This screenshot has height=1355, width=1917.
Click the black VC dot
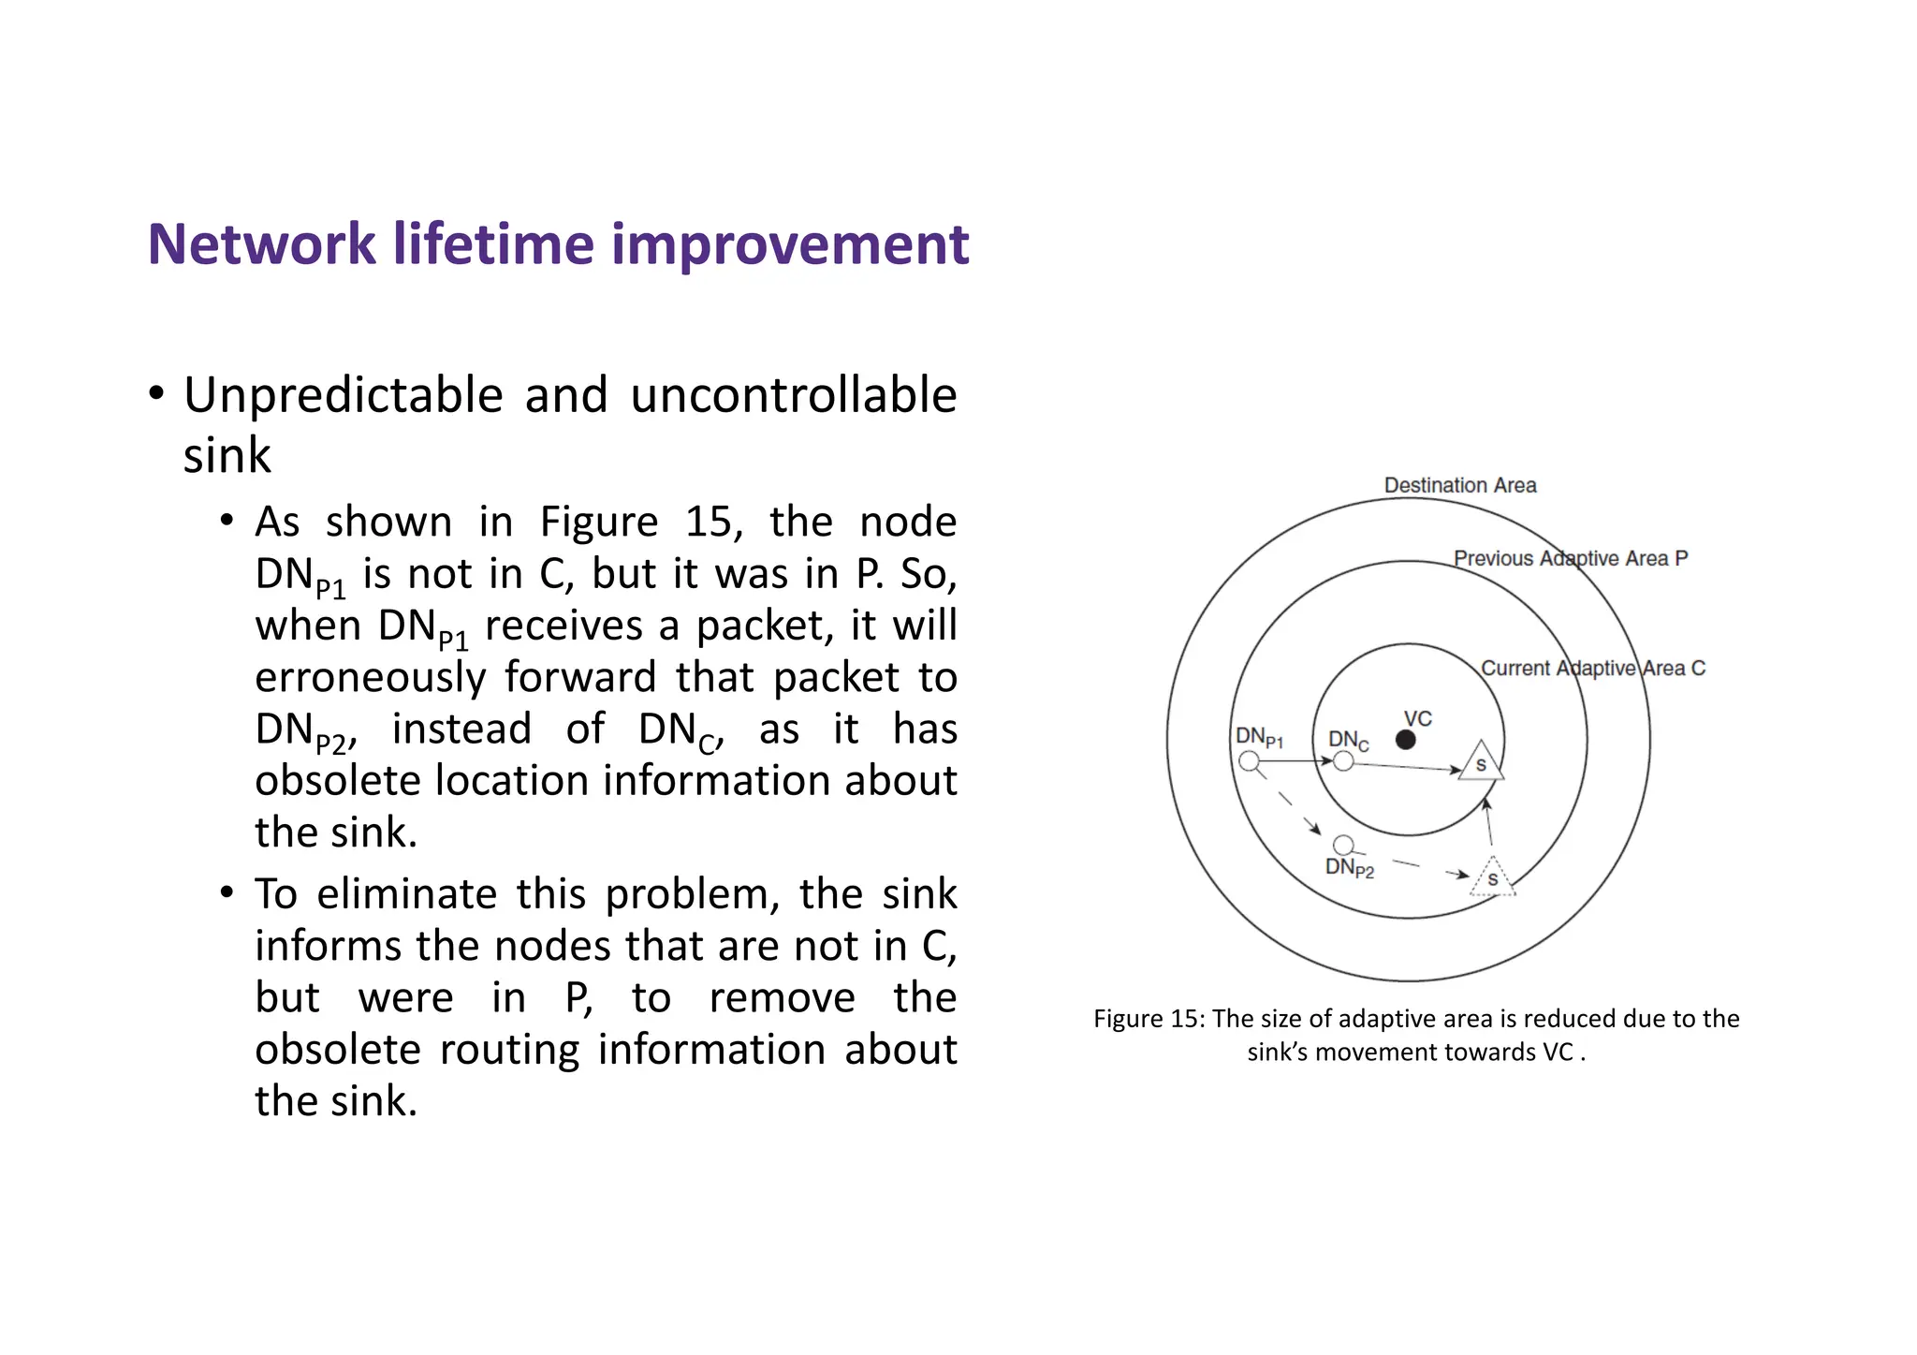tap(1405, 740)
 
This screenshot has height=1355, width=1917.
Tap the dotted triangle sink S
tap(1493, 879)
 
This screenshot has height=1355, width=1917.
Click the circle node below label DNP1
tap(1249, 761)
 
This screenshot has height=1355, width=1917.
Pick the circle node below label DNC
tap(1343, 761)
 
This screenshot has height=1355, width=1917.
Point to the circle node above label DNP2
tap(1343, 846)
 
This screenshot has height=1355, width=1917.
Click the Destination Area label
tap(1460, 485)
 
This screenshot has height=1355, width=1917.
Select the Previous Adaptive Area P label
tap(1570, 558)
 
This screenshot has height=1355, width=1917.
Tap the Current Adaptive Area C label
tap(1592, 668)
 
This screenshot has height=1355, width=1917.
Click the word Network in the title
tap(261, 244)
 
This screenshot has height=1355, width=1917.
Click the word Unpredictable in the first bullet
tap(343, 395)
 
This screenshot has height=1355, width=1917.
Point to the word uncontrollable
tap(793, 395)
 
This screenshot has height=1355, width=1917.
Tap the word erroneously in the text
tap(370, 677)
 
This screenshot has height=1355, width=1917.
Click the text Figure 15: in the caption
tap(1149, 1019)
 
